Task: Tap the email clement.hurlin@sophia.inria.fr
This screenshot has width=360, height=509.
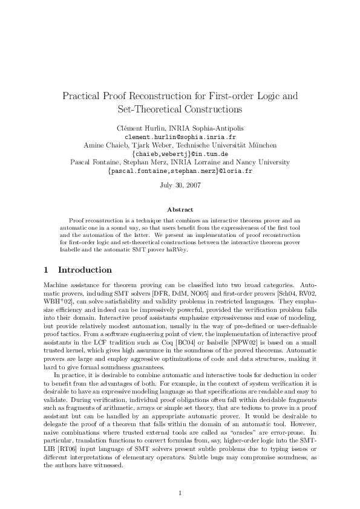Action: click(180, 137)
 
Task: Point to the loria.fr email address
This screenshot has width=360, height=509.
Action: click(180, 171)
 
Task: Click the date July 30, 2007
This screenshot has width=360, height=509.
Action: click(180, 184)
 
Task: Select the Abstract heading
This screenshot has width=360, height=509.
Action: click(180, 209)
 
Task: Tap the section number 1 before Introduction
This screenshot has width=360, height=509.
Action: click(47, 270)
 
